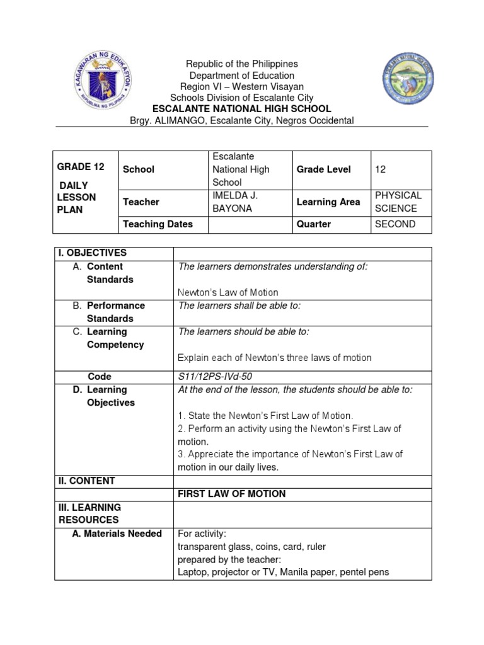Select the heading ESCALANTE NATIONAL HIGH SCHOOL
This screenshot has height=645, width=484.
coord(242,109)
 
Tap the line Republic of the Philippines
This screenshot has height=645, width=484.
coord(242,64)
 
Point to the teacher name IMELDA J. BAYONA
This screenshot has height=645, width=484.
coord(235,202)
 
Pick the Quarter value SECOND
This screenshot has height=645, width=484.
coord(395,224)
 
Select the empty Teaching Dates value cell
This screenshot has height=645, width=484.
coord(250,224)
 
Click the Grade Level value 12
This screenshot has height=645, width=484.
coord(380,169)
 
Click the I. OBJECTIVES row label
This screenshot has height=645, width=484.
coord(93,253)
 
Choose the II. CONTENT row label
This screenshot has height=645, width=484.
coord(87,481)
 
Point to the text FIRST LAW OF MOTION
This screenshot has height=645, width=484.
coord(232,494)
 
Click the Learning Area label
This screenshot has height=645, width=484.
coord(328,202)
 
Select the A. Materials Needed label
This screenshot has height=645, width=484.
coord(117,534)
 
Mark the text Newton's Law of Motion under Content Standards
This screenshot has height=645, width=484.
coord(228,292)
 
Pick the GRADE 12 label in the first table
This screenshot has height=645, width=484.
coord(81,167)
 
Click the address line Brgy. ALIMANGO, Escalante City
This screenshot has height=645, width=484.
coord(242,120)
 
